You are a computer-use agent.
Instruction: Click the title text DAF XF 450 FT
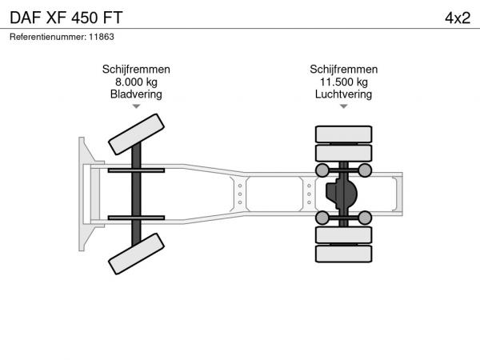click(66, 18)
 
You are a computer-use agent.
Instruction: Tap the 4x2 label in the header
click(458, 18)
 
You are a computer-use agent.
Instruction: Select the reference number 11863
click(102, 37)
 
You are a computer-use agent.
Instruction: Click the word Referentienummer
click(48, 37)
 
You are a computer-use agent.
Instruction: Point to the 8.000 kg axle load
click(136, 82)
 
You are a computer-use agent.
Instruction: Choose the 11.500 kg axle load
click(344, 82)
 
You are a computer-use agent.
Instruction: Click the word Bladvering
click(136, 94)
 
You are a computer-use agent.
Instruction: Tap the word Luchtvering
click(344, 94)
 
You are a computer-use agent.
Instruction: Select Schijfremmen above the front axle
click(136, 70)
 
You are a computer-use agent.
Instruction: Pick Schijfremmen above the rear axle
click(344, 70)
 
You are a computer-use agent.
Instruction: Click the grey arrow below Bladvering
click(136, 106)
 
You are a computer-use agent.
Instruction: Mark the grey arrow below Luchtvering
click(344, 106)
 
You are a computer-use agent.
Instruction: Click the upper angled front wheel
click(136, 134)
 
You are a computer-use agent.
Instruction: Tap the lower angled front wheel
click(136, 254)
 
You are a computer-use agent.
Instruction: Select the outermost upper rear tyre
click(344, 134)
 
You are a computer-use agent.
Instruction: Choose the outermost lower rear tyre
click(344, 254)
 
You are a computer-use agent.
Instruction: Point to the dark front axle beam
click(136, 194)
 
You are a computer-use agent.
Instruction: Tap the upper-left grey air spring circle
click(322, 170)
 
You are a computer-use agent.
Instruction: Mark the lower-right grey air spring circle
click(365, 218)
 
